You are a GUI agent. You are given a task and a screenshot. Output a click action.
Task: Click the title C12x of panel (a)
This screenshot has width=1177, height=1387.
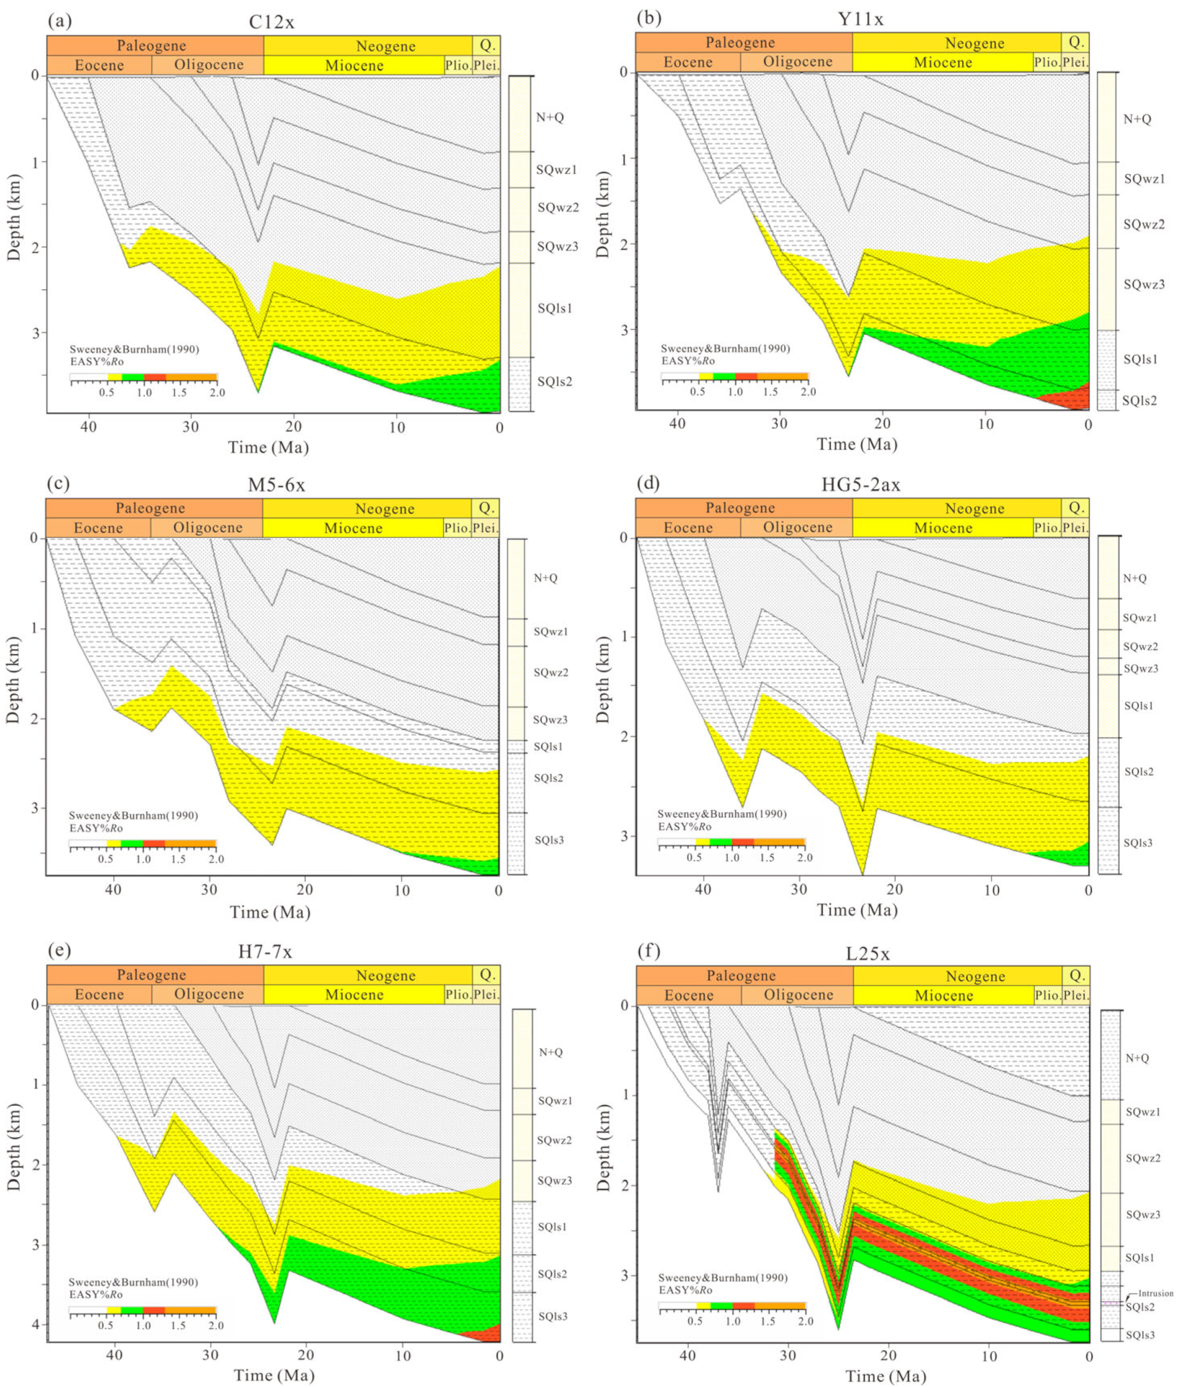click(271, 22)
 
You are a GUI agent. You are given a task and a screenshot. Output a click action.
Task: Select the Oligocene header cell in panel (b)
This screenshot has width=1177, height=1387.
click(797, 62)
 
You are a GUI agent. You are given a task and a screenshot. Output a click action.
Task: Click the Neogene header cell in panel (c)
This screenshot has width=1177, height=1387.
click(384, 509)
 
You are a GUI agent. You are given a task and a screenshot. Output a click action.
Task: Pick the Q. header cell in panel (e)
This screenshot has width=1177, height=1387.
click(487, 974)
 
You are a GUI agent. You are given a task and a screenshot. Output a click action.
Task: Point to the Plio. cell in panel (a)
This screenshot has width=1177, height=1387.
click(458, 65)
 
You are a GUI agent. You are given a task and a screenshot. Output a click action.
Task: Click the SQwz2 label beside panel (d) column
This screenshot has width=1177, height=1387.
click(1139, 646)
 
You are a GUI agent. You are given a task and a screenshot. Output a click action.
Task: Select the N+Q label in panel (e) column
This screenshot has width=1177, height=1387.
click(550, 1052)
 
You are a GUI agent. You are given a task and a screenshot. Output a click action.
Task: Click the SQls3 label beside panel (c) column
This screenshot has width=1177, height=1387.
click(548, 840)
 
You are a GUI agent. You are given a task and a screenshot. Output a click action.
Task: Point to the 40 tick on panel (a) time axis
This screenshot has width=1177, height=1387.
click(88, 427)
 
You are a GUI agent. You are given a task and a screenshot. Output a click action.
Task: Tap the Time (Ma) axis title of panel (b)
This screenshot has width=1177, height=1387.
click(857, 444)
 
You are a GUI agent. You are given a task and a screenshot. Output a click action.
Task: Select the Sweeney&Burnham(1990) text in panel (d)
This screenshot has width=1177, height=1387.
click(721, 813)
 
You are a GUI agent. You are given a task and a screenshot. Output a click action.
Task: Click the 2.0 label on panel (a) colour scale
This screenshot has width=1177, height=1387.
click(216, 393)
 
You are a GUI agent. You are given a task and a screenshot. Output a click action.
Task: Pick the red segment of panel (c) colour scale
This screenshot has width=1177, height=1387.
click(153, 844)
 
